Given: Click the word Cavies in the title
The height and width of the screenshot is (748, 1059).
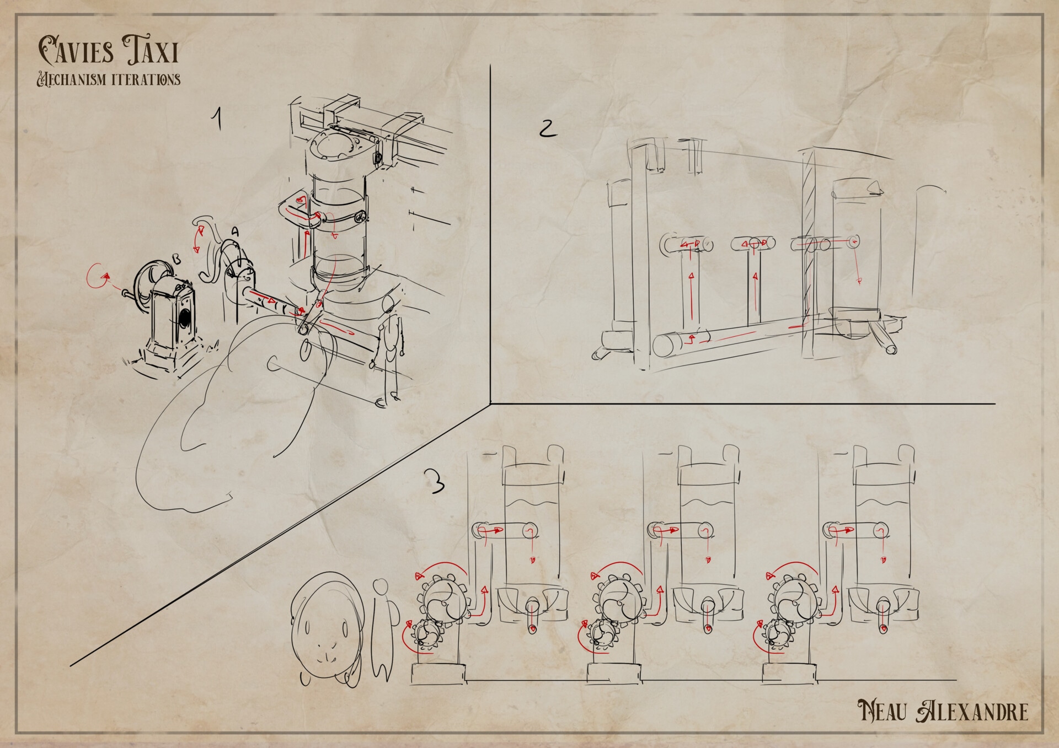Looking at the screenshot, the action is (x=76, y=50).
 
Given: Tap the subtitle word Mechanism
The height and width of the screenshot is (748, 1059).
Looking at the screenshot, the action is (x=71, y=79).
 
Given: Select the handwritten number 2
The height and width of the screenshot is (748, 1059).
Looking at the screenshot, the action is (x=547, y=128).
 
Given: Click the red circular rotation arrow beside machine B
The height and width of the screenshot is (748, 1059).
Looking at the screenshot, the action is (x=97, y=276).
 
